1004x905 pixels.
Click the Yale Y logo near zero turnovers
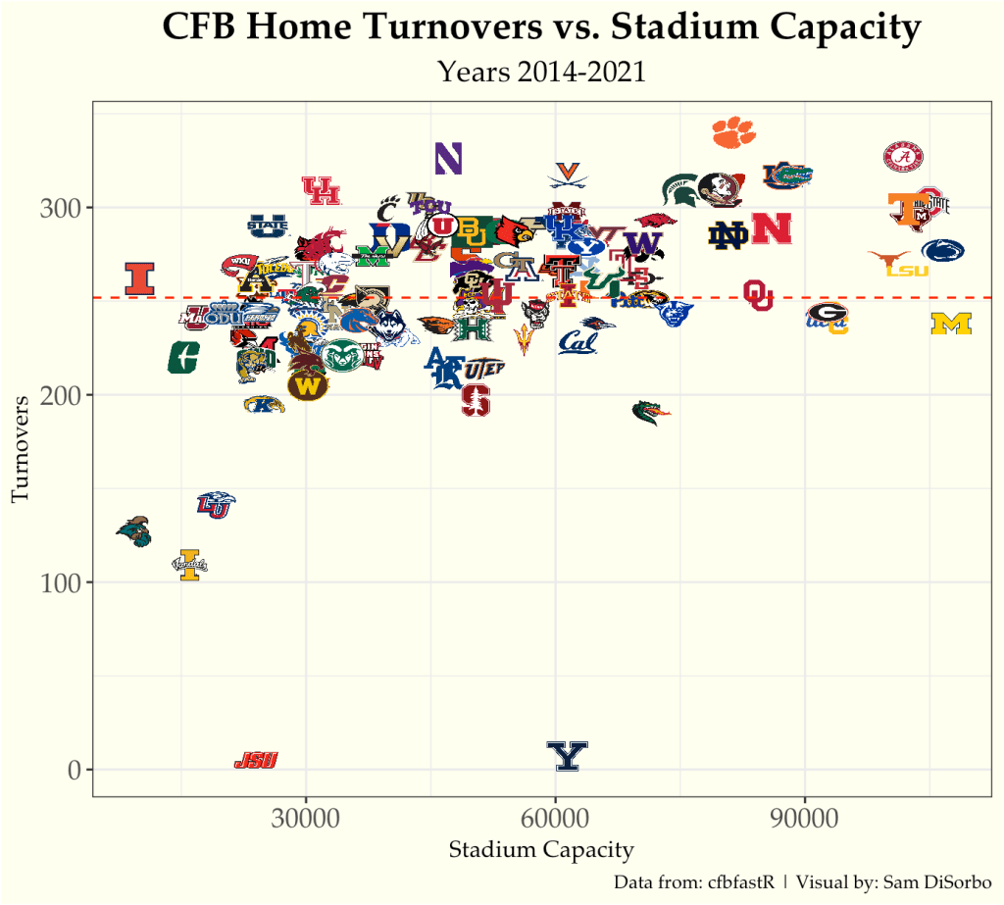pyautogui.click(x=567, y=756)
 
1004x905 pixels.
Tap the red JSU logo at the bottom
pyautogui.click(x=256, y=760)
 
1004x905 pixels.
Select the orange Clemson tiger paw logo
pyautogui.click(x=733, y=131)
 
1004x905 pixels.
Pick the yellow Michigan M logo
pyautogui.click(x=950, y=324)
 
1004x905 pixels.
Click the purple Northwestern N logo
pyautogui.click(x=448, y=159)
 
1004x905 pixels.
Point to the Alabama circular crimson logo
pyautogui.click(x=904, y=156)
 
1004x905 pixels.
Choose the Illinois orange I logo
pyautogui.click(x=140, y=278)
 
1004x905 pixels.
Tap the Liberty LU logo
pyautogui.click(x=215, y=505)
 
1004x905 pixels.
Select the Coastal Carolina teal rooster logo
pyautogui.click(x=134, y=530)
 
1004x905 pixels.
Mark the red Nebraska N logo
pyautogui.click(x=772, y=228)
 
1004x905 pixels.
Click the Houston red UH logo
pyautogui.click(x=321, y=190)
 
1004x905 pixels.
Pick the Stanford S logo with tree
pyautogui.click(x=477, y=399)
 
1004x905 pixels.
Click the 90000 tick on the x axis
pyautogui.click(x=805, y=819)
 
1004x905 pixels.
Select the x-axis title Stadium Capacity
pyautogui.click(x=540, y=850)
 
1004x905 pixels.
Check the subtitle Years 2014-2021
pyautogui.click(x=541, y=72)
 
